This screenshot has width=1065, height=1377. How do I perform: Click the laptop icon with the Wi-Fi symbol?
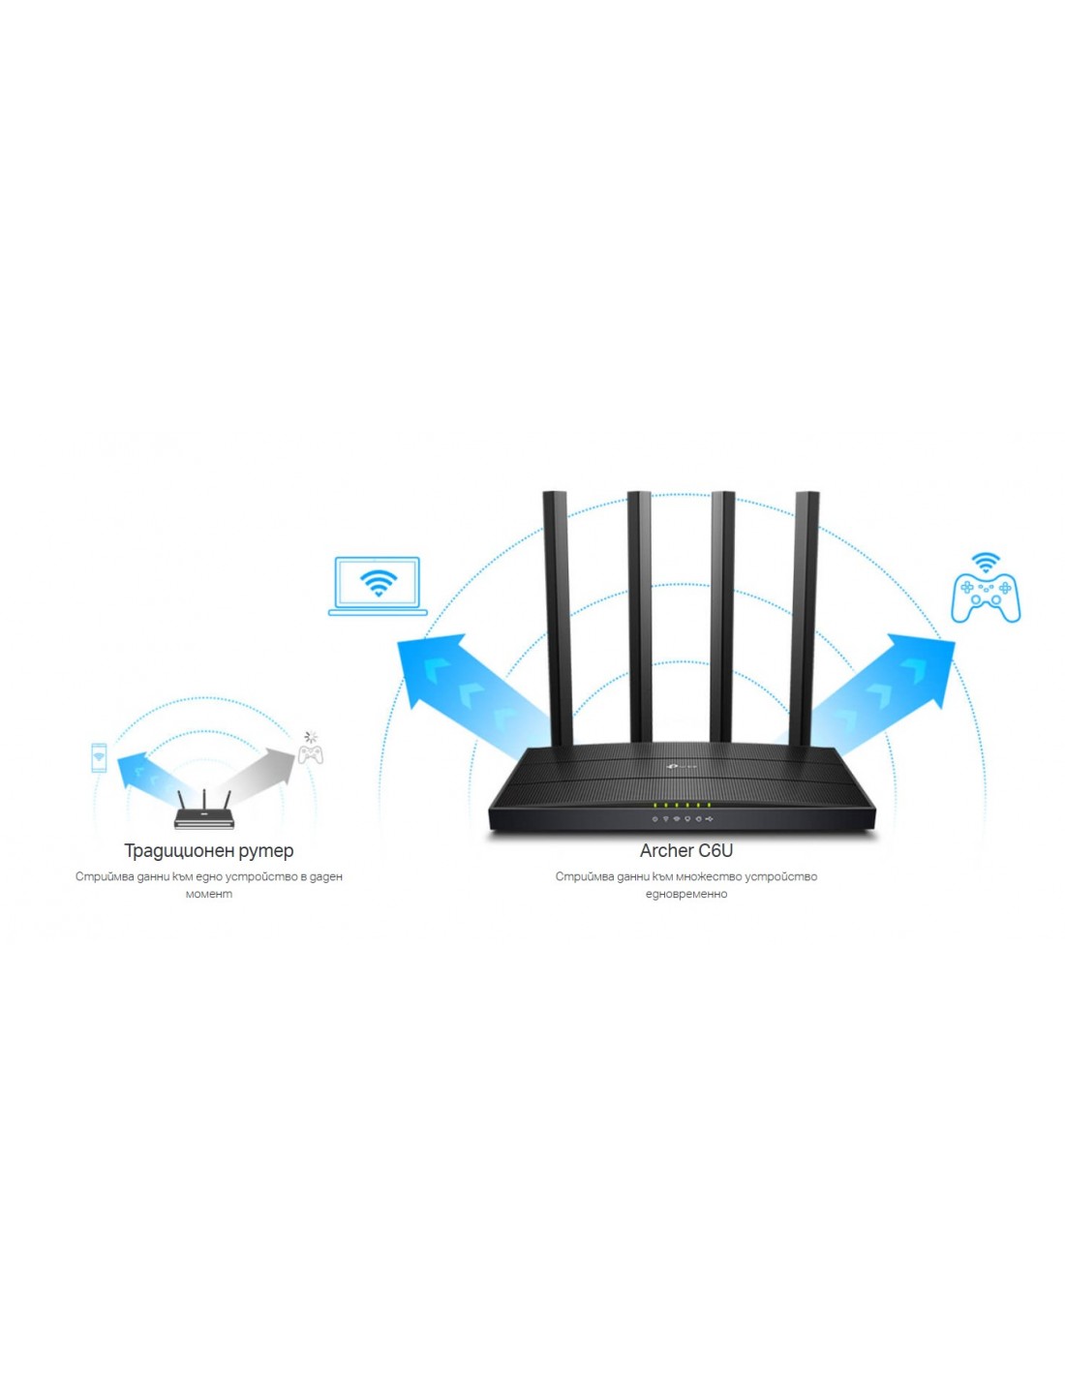pyautogui.click(x=378, y=586)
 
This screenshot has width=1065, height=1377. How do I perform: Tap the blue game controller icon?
pyautogui.click(x=986, y=597)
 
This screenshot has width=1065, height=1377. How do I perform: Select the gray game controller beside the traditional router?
pyautogui.click(x=311, y=754)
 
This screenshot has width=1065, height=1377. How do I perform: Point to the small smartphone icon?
pyautogui.click(x=99, y=757)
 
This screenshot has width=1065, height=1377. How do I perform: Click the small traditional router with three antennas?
pyautogui.click(x=204, y=814)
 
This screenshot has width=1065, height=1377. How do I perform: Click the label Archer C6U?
pyautogui.click(x=685, y=851)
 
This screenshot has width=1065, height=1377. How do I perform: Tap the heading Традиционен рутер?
pyautogui.click(x=208, y=851)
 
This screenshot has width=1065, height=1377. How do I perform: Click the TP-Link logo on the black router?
pyautogui.click(x=679, y=768)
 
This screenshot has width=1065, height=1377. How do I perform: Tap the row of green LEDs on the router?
pyautogui.click(x=682, y=805)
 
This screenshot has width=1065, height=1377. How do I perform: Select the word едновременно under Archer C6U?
pyautogui.click(x=685, y=894)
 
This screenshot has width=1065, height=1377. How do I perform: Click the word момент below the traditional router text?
pyautogui.click(x=208, y=894)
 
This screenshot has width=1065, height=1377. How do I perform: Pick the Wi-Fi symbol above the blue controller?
pyautogui.click(x=986, y=563)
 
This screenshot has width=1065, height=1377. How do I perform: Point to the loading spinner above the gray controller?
pyautogui.click(x=311, y=737)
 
